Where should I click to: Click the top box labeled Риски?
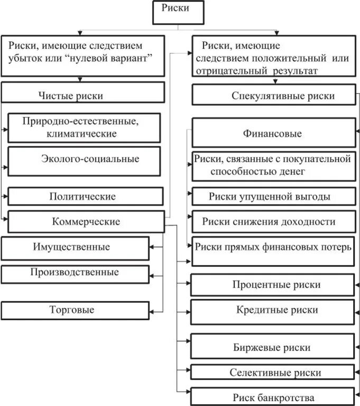point(178,12)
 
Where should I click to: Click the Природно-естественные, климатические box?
point(84,128)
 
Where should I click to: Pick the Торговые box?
point(75,310)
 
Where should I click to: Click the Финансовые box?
point(273,133)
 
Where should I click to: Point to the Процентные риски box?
point(272,284)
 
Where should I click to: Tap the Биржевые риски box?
point(272,347)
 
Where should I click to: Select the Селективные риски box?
point(272,372)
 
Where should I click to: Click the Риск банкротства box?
point(272,397)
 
